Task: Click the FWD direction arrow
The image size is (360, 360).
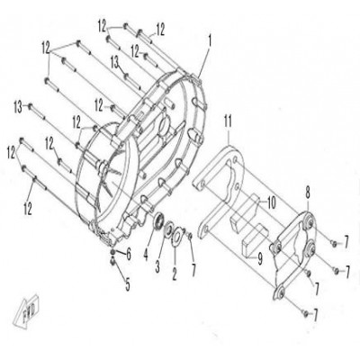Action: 26,311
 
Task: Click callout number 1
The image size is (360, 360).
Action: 210,41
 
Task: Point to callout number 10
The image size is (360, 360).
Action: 271,203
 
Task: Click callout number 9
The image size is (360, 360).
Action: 260,258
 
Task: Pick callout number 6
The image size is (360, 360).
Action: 129,255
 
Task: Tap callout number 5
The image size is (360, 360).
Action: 128,284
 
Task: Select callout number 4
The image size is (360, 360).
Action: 146,255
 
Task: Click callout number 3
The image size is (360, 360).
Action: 157,266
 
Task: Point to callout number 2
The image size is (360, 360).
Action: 175,274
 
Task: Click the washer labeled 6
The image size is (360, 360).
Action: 112,252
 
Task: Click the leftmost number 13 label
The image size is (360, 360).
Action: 19,108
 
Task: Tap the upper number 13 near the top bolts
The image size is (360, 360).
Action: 115,62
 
